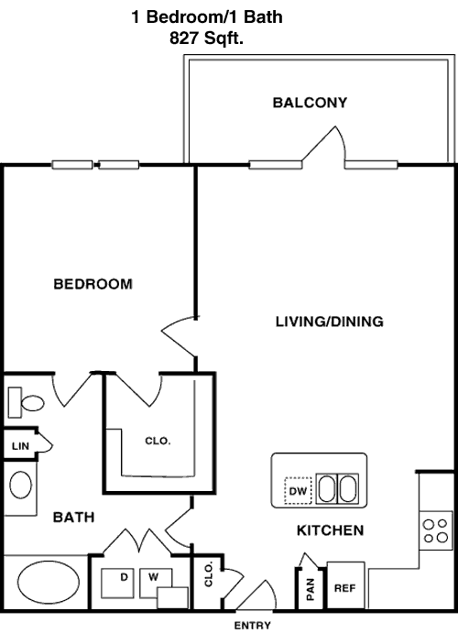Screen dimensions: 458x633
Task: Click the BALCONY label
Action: [x=310, y=103]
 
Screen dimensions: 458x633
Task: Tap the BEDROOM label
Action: [x=93, y=284]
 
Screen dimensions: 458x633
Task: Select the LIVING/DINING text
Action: [x=329, y=322]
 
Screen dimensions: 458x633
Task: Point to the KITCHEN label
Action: [x=330, y=530]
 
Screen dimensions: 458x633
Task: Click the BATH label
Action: [x=74, y=518]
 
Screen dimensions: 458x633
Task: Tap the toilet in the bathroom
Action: [x=27, y=402]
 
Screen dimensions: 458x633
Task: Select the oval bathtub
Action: [x=49, y=582]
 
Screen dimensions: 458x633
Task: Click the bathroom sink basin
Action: [x=20, y=485]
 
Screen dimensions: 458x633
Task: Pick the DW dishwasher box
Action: [x=298, y=491]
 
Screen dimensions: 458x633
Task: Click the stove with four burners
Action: [x=436, y=530]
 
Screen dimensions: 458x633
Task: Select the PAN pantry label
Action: [x=311, y=589]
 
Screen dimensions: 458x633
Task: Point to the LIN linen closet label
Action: [x=20, y=446]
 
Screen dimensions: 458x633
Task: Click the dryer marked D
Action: [x=117, y=583]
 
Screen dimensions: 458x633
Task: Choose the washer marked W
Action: [x=156, y=583]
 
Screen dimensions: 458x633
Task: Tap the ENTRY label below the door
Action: [x=253, y=625]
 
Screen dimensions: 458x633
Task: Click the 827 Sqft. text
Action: [x=207, y=38]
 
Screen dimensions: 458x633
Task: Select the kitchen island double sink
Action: [x=337, y=489]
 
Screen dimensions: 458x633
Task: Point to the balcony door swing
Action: [x=324, y=147]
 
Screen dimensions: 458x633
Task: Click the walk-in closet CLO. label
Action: [x=158, y=441]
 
